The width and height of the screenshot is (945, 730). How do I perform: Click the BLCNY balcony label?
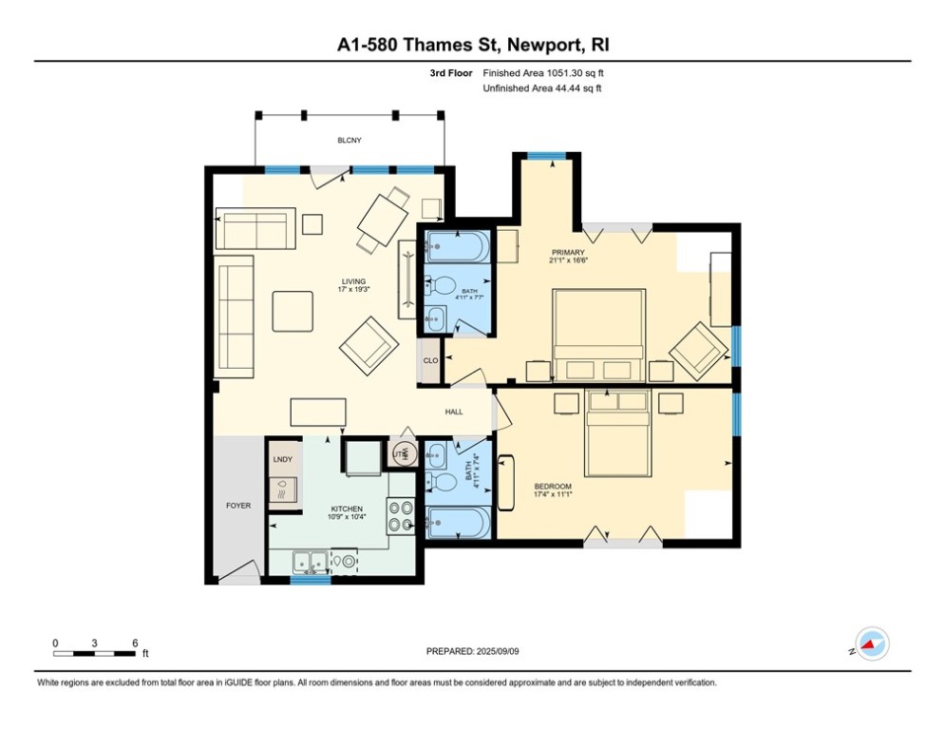pos(350,141)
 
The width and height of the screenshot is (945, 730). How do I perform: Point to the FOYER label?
pos(237,506)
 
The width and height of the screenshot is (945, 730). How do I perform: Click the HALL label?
pos(454,413)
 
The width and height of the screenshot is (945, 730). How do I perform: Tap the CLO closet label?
pos(431,361)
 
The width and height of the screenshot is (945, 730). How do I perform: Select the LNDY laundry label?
pos(283,460)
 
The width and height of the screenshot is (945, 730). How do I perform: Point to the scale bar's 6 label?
pos(135,644)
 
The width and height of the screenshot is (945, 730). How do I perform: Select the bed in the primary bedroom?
pos(599,335)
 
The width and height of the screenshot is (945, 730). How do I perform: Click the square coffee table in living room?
pos(293,311)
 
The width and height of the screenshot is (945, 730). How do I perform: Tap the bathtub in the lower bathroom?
pos(458,522)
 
